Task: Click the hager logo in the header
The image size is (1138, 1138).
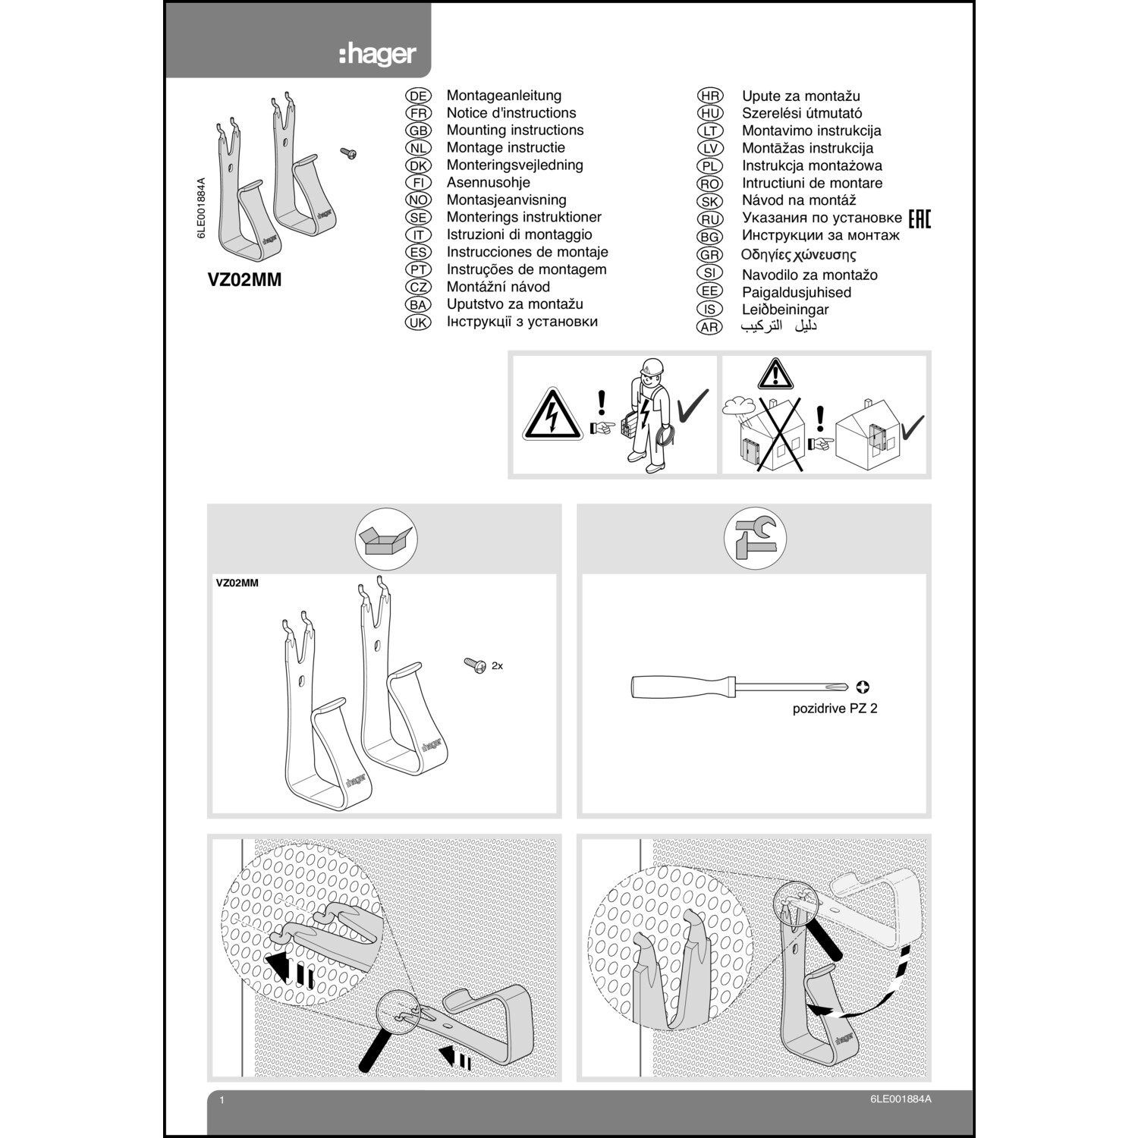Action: click(377, 55)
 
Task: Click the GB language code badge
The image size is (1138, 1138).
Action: click(418, 130)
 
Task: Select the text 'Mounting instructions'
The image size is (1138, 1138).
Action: click(514, 130)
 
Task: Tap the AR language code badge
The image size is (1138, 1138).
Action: click(709, 327)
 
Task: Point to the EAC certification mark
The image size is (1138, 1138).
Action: click(919, 219)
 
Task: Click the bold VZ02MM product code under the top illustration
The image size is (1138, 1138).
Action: click(244, 280)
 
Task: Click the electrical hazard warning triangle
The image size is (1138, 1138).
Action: click(552, 416)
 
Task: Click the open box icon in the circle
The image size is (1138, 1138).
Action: click(386, 539)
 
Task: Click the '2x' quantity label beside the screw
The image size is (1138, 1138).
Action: click(497, 666)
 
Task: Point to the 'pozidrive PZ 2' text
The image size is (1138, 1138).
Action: click(835, 709)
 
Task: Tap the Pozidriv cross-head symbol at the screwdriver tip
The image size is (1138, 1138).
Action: click(862, 687)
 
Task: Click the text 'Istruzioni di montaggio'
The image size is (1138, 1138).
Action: click(519, 235)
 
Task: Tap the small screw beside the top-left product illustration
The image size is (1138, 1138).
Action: click(349, 154)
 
